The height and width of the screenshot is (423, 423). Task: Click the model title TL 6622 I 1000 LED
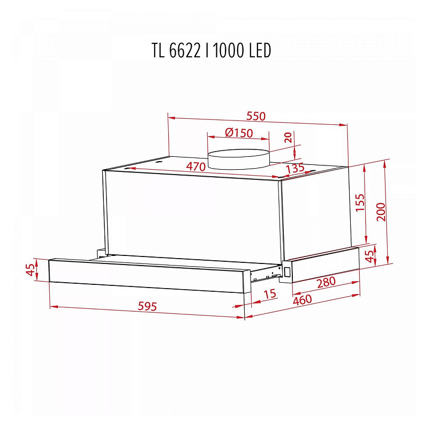[211, 50]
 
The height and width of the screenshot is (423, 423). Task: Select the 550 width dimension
[256, 116]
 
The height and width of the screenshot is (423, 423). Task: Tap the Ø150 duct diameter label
[238, 133]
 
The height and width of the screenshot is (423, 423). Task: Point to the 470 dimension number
[195, 167]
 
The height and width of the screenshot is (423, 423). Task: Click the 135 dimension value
[295, 168]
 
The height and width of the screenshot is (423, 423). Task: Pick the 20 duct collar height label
[289, 137]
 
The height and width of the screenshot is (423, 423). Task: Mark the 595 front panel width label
[147, 307]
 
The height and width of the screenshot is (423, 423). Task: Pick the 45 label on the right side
[369, 255]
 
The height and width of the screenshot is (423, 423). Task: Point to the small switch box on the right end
[287, 271]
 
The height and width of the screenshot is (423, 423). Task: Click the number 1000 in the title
[230, 50]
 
